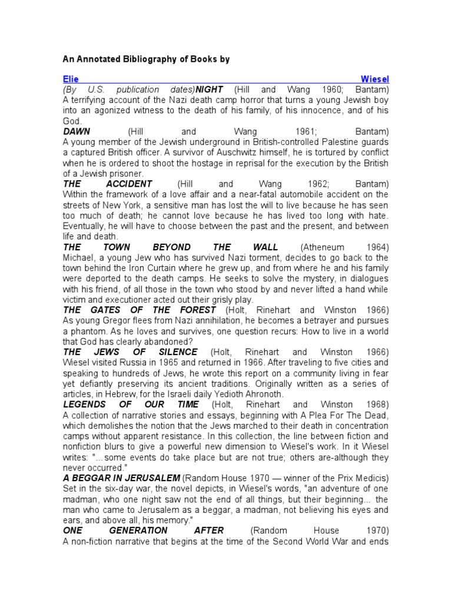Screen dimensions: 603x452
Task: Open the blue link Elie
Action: coord(71,79)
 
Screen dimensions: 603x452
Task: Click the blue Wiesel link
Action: coord(374,79)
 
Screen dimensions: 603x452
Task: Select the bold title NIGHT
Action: coord(210,90)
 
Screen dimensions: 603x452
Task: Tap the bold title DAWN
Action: coord(77,131)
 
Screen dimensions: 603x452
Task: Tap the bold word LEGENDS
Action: coord(84,405)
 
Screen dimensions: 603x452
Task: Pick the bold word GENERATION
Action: coord(137,531)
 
